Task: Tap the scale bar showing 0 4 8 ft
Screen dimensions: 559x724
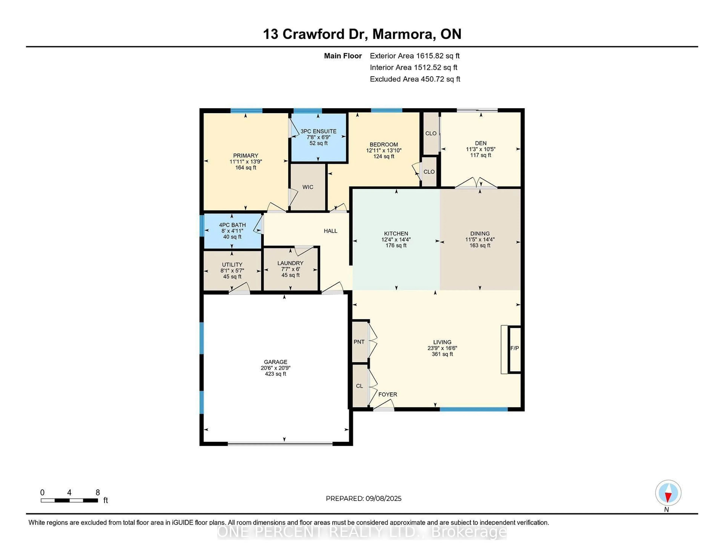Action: [69, 500]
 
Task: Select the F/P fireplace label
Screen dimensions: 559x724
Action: [515, 348]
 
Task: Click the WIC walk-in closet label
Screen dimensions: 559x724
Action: [308, 187]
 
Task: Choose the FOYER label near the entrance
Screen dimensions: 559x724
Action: [387, 394]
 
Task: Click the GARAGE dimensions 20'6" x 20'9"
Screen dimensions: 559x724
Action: [275, 368]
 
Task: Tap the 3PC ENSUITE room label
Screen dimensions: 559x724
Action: [318, 131]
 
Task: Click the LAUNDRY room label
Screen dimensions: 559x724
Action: [290, 263]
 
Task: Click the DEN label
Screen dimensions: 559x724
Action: [481, 143]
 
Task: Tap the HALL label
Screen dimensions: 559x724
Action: [331, 231]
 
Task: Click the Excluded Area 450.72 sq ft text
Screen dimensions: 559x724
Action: [415, 79]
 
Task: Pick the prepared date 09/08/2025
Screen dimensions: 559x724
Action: [383, 498]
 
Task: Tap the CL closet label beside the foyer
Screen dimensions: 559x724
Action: [359, 386]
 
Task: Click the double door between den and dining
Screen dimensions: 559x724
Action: [476, 183]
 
